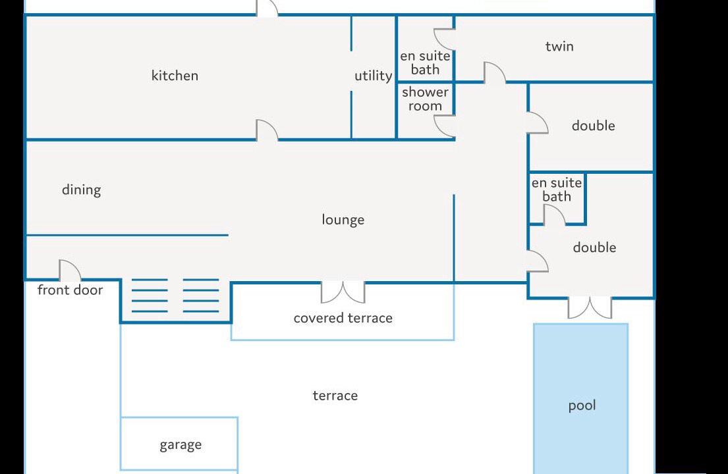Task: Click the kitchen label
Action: click(x=175, y=76)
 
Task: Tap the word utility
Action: click(x=374, y=76)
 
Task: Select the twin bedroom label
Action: click(x=559, y=46)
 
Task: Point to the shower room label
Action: click(x=426, y=99)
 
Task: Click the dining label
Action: click(x=81, y=190)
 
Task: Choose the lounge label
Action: click(x=343, y=219)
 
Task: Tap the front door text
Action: click(x=70, y=290)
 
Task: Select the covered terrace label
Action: click(x=343, y=318)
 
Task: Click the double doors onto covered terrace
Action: click(x=343, y=292)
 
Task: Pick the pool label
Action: click(x=582, y=406)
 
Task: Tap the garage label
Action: click(x=181, y=445)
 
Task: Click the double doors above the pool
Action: click(x=590, y=307)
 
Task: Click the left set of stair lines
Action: click(x=150, y=296)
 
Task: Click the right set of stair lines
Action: click(x=200, y=296)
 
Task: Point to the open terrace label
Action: click(x=335, y=396)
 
